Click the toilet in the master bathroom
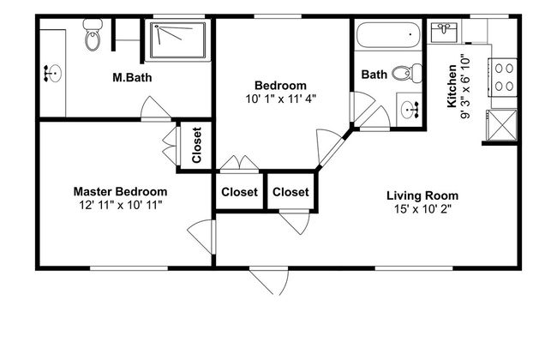pyautogui.click(x=93, y=35)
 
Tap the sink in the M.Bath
pyautogui.click(x=53, y=74)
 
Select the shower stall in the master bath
pyautogui.click(x=177, y=40)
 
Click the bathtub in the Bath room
pyautogui.click(x=388, y=35)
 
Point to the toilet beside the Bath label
pyautogui.click(x=407, y=73)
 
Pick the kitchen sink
pyautogui.click(x=444, y=32)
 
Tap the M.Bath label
pyautogui.click(x=132, y=77)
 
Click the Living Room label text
pyautogui.click(x=422, y=195)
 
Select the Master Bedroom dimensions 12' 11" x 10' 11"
pyautogui.click(x=121, y=205)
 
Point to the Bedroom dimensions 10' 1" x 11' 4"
pyautogui.click(x=280, y=99)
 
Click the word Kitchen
pyautogui.click(x=452, y=86)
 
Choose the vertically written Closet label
pyautogui.click(x=196, y=145)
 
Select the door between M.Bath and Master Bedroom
pyautogui.click(x=156, y=108)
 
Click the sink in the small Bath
pyautogui.click(x=410, y=110)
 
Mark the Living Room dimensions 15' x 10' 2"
pyautogui.click(x=422, y=209)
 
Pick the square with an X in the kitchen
pyautogui.click(x=501, y=125)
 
